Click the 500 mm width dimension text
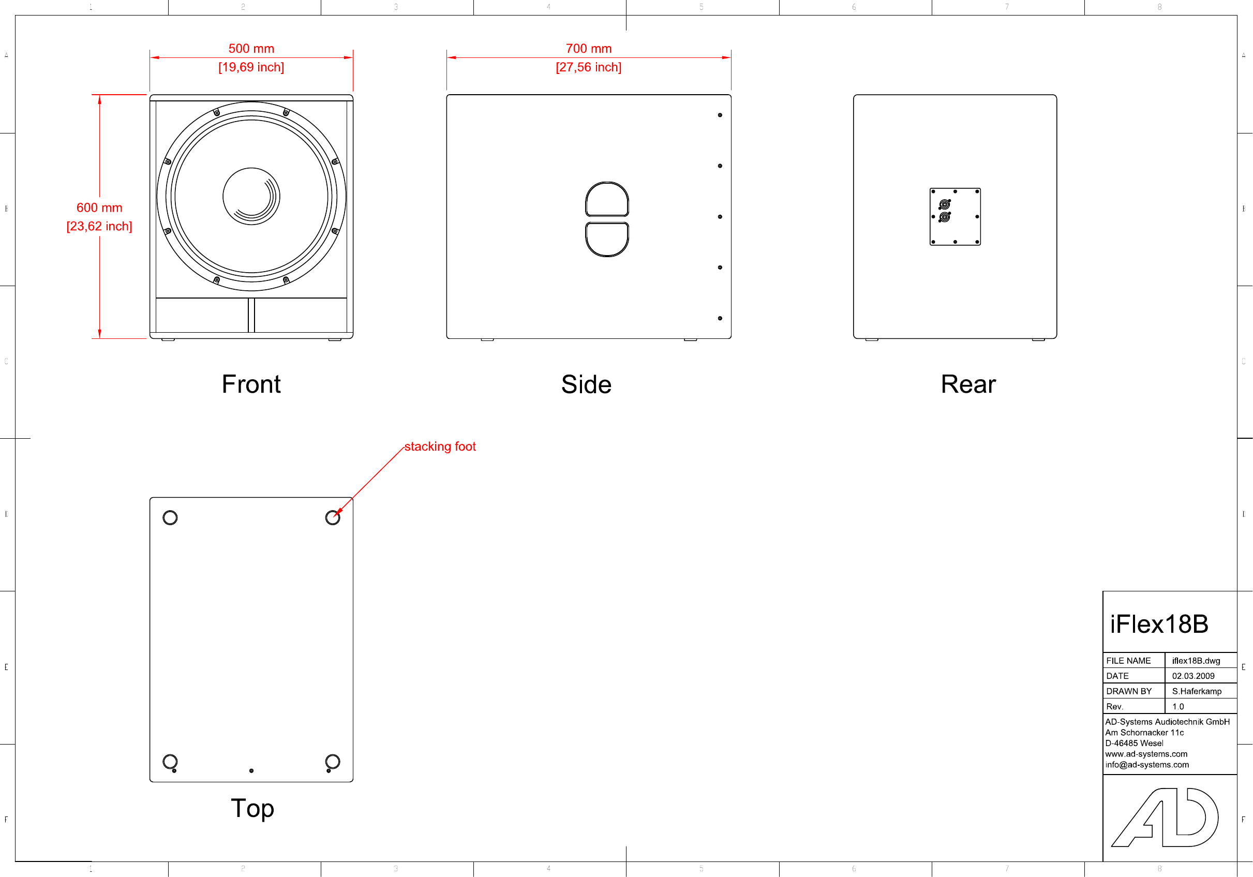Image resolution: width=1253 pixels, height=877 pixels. [251, 49]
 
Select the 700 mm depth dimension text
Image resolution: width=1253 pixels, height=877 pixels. [588, 49]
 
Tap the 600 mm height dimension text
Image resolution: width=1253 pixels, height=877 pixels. [99, 207]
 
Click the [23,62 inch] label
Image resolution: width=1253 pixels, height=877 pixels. [99, 226]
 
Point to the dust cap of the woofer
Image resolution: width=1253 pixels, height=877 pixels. [251, 196]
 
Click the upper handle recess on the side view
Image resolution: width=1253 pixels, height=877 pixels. [607, 200]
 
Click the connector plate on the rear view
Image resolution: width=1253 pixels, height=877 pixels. [955, 217]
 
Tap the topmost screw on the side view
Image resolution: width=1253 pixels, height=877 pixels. [720, 115]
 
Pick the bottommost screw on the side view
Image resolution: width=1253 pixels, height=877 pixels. [720, 318]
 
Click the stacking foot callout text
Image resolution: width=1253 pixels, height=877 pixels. [440, 447]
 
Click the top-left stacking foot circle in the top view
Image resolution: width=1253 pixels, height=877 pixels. [170, 517]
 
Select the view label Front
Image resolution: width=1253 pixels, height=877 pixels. [251, 384]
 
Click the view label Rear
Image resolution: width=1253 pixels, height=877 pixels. [968, 384]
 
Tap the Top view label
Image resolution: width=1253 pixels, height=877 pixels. [252, 808]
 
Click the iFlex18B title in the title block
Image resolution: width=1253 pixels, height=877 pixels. [1159, 625]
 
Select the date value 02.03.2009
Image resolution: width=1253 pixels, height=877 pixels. [1193, 676]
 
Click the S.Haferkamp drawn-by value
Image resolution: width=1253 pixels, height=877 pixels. [1196, 691]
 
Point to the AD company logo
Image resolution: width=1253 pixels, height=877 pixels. [1165, 817]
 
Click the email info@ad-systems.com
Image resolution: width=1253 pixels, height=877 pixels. [1146, 765]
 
